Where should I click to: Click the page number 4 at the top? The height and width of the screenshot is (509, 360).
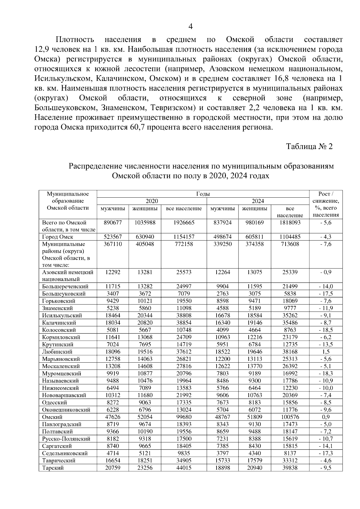190,27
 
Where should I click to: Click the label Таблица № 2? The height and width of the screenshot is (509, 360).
309,147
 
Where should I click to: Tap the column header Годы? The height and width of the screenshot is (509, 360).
203,194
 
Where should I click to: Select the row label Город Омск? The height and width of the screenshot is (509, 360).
58,237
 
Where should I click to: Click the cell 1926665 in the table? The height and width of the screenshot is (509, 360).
184,223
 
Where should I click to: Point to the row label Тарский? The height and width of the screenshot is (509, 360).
53,468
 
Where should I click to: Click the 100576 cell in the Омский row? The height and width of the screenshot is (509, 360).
290,417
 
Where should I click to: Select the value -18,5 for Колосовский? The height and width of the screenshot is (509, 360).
326,330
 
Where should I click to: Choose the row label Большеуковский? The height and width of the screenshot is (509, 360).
64,294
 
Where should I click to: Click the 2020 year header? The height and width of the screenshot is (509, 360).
152,201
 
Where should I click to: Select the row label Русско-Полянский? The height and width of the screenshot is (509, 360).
66,439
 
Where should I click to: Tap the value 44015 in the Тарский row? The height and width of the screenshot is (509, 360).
184,468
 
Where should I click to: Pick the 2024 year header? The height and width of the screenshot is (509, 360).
258,201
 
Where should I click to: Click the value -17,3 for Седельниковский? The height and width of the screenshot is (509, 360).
326,453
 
